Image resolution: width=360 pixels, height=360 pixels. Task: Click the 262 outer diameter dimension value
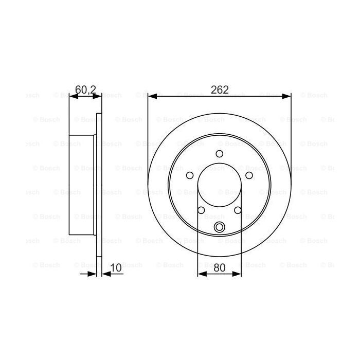click(x=220, y=89)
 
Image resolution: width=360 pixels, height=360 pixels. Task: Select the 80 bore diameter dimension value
click(x=220, y=267)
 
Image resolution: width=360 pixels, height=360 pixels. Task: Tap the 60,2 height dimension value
click(x=85, y=89)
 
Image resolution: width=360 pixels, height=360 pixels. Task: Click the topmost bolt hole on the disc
click(x=220, y=154)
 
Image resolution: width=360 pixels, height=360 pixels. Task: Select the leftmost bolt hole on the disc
click(x=190, y=176)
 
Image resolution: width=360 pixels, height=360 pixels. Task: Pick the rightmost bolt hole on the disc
click(x=249, y=176)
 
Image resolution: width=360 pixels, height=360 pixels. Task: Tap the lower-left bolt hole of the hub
click(x=201, y=210)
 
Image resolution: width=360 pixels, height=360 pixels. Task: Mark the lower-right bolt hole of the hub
click(x=238, y=210)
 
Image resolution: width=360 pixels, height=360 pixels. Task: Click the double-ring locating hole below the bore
click(x=220, y=228)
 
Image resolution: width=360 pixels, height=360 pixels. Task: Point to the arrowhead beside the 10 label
click(x=105, y=274)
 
